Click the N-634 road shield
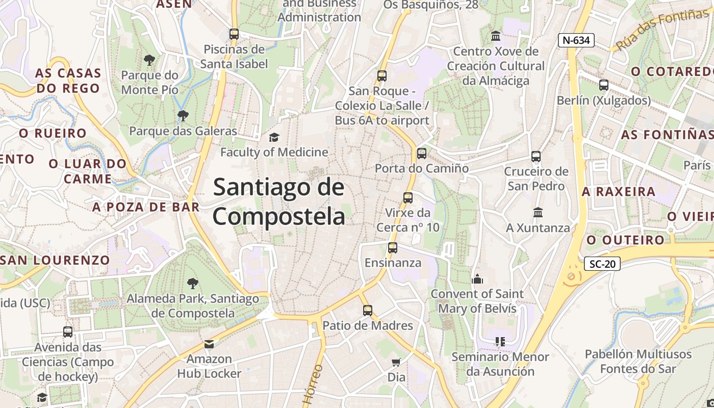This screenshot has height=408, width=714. pos(576,40)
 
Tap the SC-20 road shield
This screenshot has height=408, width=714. pos(602,264)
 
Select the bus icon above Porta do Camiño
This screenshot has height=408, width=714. pos(421,153)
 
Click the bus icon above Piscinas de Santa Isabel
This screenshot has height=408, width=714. pos(234,34)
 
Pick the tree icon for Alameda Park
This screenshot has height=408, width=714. pos(192,283)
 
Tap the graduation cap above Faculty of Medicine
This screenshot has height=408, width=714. pos(274,137)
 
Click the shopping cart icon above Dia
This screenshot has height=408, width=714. pos(396,362)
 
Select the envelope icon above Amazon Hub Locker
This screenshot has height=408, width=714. pos(209,344)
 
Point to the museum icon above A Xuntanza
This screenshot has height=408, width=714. pos(538,212)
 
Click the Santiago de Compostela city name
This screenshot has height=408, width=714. pos(279,201)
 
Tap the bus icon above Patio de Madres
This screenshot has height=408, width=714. pos(367,310)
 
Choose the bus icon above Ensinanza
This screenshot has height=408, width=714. pos(392,248)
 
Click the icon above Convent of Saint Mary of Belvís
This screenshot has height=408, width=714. pos(477,278)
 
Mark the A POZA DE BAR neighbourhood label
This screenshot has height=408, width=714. pos(146,207)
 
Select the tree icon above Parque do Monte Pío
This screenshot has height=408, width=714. pos(149,60)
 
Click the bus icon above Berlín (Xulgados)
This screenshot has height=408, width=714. pos(604,85)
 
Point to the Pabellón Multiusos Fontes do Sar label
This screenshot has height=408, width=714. pos(638,361)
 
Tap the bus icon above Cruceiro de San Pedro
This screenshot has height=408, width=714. pos(535,156)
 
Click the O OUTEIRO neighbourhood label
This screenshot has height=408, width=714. pos(625,240)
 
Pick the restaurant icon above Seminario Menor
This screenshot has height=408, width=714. pos(500,342)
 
